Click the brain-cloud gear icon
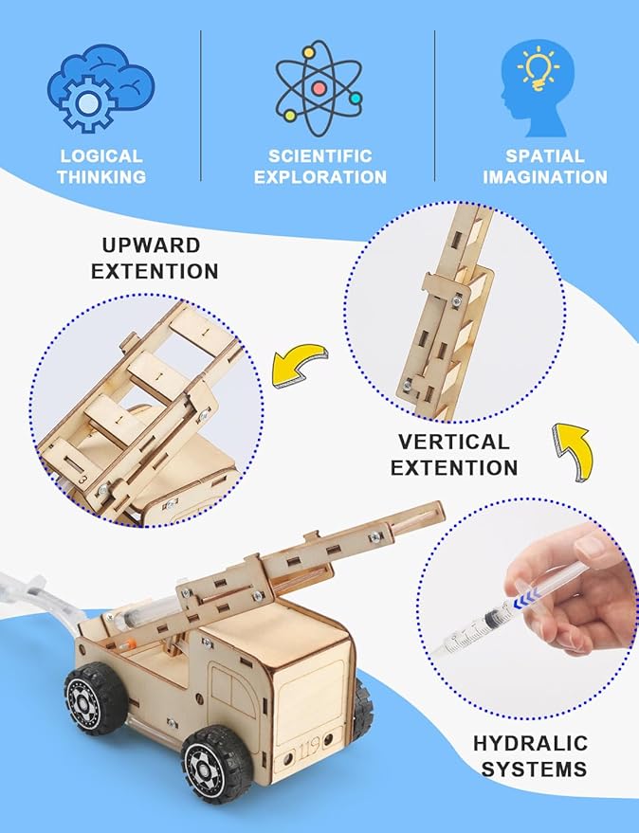click(x=100, y=87)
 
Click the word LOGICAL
click(x=100, y=156)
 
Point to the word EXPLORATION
click(x=319, y=177)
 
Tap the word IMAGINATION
click(x=544, y=177)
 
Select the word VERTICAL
click(x=454, y=442)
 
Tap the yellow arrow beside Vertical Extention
click(x=572, y=444)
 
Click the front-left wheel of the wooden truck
click(x=95, y=697)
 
